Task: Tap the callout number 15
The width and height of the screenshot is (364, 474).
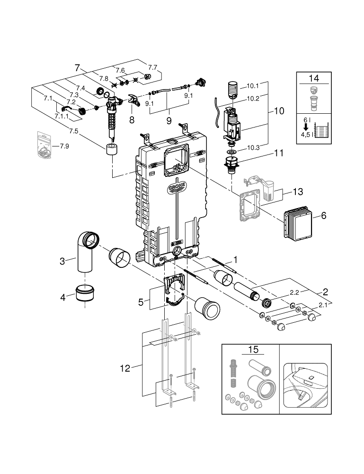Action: [253, 350]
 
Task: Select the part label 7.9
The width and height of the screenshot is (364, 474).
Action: [64, 146]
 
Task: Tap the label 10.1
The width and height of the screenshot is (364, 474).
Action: [253, 86]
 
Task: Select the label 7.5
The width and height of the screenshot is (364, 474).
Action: [72, 131]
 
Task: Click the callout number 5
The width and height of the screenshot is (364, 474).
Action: [141, 301]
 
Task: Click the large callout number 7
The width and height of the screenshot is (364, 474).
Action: [77, 68]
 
